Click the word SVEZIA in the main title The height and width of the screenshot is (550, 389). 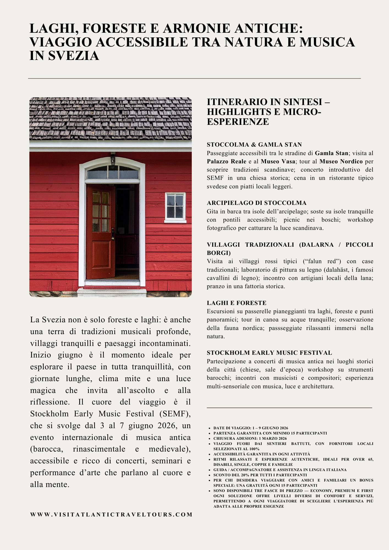[73, 56]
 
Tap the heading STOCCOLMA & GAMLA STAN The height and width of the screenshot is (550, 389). [254, 145]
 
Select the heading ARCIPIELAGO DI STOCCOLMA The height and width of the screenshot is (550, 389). [256, 203]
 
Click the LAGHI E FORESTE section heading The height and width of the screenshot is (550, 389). [237, 303]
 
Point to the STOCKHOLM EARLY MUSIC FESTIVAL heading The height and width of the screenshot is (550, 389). [269, 353]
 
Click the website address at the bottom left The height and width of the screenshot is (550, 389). [111, 515]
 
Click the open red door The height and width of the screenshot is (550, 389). [100, 231]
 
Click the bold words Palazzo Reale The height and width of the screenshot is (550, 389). [226, 161]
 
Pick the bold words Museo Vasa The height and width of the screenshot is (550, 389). [278, 161]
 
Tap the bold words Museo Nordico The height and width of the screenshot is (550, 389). [341, 161]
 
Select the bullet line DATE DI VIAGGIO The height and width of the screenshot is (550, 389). [251, 428]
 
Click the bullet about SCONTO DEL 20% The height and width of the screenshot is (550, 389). [260, 475]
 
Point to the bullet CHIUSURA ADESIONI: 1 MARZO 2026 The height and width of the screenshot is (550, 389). [250, 438]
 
